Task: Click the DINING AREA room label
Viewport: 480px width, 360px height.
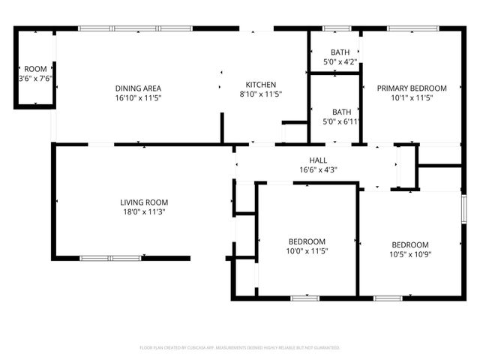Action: (139, 88)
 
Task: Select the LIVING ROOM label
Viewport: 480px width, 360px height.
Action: (144, 202)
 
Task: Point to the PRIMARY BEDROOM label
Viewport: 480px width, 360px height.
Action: (412, 88)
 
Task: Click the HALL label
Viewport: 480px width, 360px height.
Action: (318, 160)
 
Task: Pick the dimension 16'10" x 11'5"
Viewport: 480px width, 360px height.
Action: (139, 98)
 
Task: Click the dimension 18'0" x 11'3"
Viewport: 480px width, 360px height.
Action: (144, 212)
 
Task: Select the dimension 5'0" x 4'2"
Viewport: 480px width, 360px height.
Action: (340, 62)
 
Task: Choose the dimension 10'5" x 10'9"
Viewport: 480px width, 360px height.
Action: (410, 255)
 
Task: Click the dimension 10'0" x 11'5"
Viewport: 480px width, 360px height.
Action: (307, 251)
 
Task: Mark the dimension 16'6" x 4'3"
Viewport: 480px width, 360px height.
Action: (318, 169)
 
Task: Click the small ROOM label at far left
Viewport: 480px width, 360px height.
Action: (35, 69)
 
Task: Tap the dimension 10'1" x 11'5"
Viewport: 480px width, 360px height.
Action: (412, 98)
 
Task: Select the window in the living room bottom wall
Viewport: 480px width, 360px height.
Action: (110, 258)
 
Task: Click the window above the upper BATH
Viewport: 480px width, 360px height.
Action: (337, 29)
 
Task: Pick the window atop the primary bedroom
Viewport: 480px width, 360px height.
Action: (413, 29)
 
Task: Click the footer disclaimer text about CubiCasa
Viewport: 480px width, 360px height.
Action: (240, 348)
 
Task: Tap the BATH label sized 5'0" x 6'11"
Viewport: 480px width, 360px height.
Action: (341, 112)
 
